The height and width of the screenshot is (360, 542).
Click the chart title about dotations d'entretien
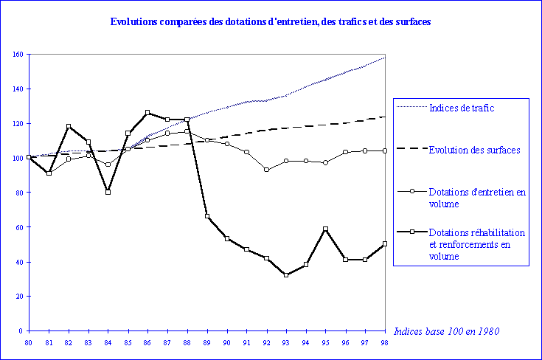point(271,22)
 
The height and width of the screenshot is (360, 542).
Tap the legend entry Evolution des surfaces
point(474,150)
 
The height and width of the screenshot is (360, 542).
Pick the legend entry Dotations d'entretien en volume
point(476,198)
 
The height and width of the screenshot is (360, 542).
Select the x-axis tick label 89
point(207,343)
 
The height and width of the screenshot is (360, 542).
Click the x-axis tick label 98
point(385,343)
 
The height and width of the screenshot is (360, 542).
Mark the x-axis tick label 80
point(29,343)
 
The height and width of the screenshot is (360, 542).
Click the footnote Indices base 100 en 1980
point(447,331)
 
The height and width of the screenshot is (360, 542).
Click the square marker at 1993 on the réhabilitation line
point(286,275)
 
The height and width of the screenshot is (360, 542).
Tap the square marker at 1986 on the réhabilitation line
point(147,113)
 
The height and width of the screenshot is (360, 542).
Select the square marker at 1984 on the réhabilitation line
point(108,192)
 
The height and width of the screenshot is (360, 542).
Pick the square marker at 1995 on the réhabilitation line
point(326,229)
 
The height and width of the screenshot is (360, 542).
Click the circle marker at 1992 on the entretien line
point(266,170)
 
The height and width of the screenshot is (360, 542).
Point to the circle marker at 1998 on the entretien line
point(385,150)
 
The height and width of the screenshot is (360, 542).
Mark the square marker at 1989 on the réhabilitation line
point(207,216)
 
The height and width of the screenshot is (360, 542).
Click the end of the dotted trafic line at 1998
point(385,57)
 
